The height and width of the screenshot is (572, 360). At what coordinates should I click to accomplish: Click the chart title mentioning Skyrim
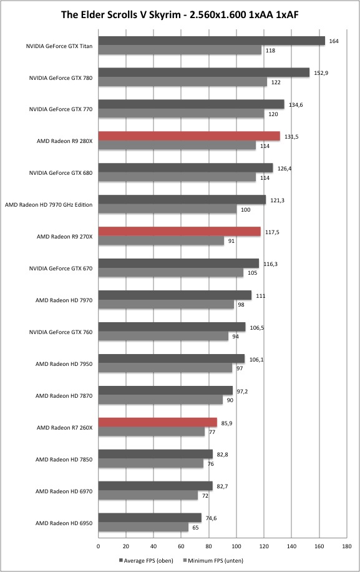180,14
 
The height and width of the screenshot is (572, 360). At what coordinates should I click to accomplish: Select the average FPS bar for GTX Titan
212,41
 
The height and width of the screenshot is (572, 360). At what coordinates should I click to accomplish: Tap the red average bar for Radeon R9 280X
189,136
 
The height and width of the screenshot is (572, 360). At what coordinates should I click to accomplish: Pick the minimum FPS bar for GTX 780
183,82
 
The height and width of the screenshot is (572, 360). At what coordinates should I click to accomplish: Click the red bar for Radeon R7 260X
158,422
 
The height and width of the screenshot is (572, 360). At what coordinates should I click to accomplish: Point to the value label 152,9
321,73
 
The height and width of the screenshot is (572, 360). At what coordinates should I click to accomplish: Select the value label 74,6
211,518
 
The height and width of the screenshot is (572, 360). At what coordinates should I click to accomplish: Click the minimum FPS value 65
195,528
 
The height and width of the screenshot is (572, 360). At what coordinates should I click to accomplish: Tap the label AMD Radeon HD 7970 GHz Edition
49,205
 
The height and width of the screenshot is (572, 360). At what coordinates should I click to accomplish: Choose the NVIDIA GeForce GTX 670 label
61,269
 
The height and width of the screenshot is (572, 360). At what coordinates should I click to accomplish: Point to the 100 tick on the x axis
236,546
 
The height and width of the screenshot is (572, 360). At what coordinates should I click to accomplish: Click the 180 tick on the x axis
347,546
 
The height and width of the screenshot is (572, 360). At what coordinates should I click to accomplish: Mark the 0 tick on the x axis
99,546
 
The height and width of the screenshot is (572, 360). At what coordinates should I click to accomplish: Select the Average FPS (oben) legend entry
146,560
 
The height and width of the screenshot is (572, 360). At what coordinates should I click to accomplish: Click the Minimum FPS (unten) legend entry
213,560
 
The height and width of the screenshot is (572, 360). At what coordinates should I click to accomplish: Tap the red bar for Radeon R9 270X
180,231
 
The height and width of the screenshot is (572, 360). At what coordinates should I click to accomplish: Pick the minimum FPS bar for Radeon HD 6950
144,527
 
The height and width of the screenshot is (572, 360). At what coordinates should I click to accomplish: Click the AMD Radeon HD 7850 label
64,460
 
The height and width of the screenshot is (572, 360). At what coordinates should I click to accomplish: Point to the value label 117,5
272,232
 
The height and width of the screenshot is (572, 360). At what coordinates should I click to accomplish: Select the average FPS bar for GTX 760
172,327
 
